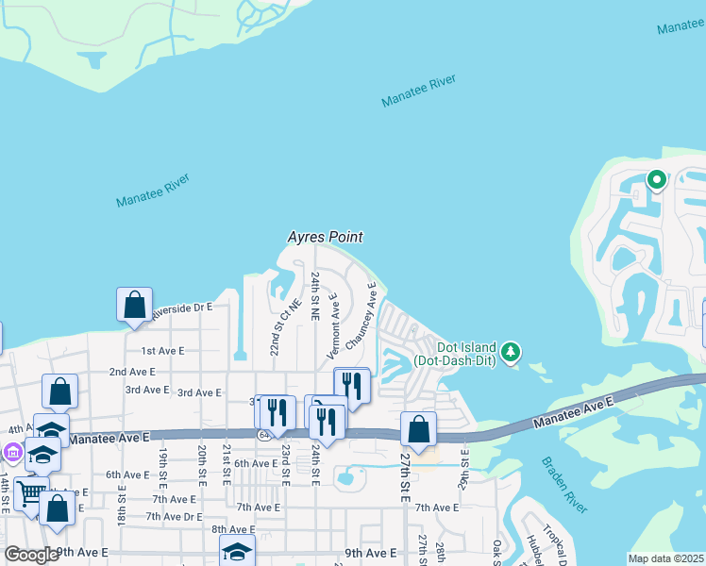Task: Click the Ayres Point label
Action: click(326, 238)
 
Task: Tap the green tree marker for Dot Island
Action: click(511, 352)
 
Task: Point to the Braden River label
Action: click(564, 485)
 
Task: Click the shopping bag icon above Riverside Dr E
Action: click(134, 305)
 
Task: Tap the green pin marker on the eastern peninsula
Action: click(656, 179)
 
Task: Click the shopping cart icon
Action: click(30, 491)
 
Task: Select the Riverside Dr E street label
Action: click(178, 308)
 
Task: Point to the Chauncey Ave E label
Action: click(361, 319)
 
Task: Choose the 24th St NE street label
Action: click(317, 293)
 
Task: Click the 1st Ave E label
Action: click(162, 350)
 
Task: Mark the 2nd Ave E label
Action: click(132, 373)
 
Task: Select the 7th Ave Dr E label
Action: click(174, 516)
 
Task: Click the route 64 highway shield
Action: click(263, 434)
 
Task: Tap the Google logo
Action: click(31, 555)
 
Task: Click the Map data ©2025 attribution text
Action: click(664, 558)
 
